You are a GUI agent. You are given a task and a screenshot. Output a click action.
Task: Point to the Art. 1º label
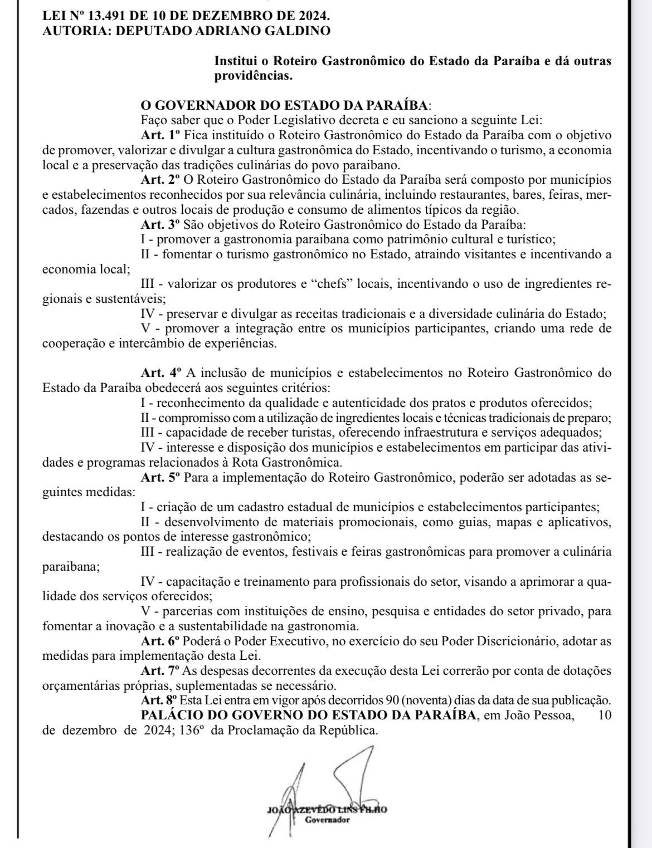point(162,135)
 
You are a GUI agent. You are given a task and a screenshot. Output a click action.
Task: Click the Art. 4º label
point(162,372)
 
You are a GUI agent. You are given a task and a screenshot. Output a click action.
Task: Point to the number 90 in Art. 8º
point(392,700)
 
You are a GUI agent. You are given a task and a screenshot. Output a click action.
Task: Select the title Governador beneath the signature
point(327,820)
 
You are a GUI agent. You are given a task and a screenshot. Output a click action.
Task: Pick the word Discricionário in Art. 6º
point(520,641)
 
